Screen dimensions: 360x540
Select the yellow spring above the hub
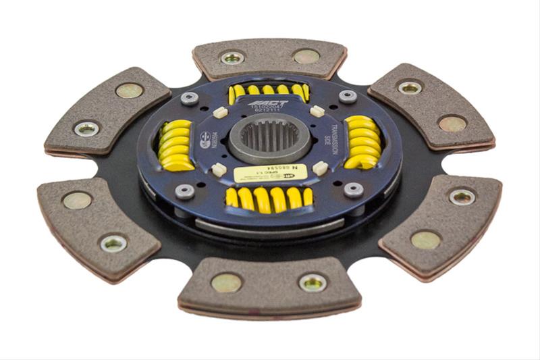pyautogui.click(x=269, y=91)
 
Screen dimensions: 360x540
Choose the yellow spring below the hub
pyautogui.click(x=269, y=198)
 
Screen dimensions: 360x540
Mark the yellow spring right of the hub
pyautogui.click(x=362, y=142)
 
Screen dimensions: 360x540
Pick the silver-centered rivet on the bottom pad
pyautogui.click(x=313, y=282)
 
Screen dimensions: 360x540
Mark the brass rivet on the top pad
pyautogui.click(x=306, y=56)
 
